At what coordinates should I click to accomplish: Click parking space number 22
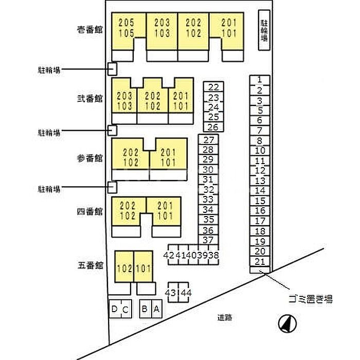point(213,86)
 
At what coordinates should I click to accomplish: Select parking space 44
point(184,292)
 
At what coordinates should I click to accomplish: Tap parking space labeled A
point(157,309)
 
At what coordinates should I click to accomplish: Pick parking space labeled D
point(115,309)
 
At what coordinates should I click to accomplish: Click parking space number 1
point(260,80)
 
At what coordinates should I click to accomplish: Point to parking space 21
point(260,261)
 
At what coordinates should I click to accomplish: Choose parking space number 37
point(208,240)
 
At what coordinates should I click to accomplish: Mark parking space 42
point(169,255)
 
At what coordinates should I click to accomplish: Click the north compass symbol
point(287,323)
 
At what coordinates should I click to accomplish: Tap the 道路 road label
point(225,317)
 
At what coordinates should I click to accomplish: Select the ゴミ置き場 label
point(311,299)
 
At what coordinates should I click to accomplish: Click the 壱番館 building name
point(89,30)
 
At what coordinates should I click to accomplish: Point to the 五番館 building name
point(90,265)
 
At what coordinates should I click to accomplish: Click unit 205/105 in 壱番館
point(126,28)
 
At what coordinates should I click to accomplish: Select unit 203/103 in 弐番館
point(124,101)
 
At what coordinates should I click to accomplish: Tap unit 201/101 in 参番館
point(168,157)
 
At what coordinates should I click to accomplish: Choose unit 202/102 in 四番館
point(128,211)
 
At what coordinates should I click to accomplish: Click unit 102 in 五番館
point(124,268)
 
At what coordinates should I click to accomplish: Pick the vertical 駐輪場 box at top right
point(264,30)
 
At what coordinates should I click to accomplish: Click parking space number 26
point(213,127)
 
